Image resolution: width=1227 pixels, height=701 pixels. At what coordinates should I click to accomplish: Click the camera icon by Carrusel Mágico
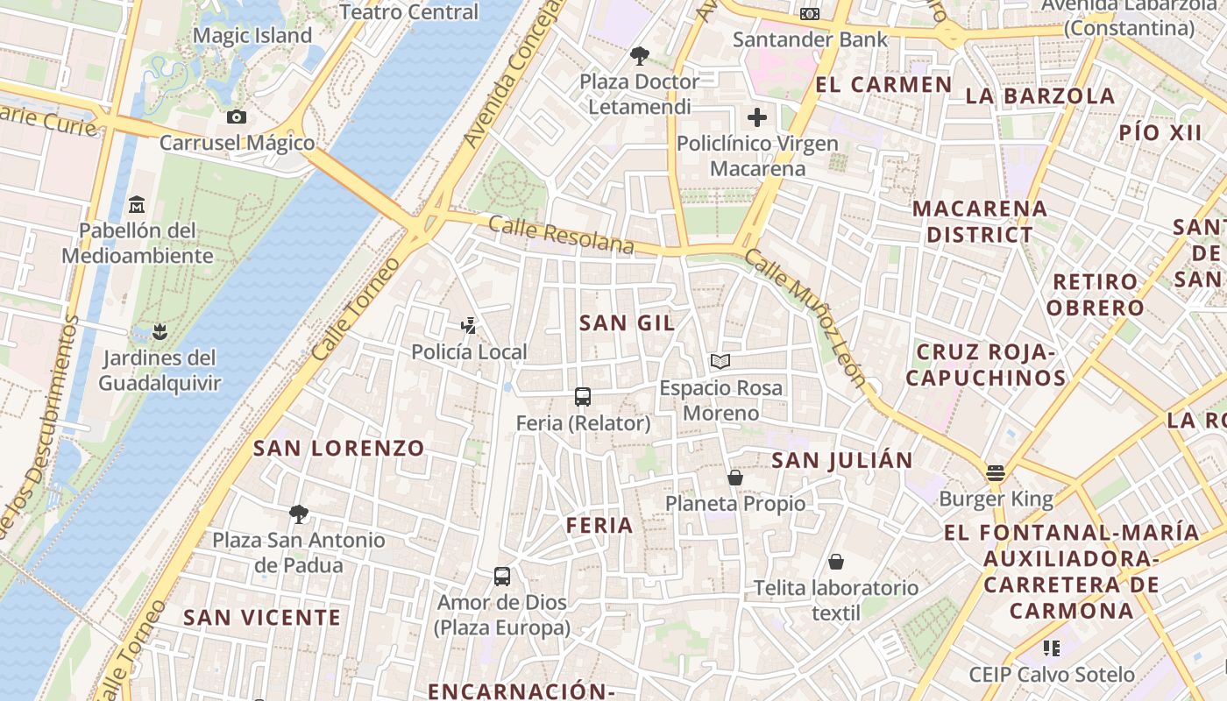point(236,117)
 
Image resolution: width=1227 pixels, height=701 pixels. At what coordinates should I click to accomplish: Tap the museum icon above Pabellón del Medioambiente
point(137,205)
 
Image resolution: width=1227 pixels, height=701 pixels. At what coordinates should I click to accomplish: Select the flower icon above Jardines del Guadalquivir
point(159,332)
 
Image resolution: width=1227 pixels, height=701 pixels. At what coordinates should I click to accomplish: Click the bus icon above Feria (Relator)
point(583,397)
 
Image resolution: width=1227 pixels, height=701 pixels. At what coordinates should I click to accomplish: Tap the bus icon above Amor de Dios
point(502,577)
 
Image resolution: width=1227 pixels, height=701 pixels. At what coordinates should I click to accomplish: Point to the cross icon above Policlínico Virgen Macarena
point(757,117)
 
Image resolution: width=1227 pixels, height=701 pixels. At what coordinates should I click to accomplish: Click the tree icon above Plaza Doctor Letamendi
point(640,56)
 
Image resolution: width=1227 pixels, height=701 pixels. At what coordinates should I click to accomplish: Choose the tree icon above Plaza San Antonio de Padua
point(299,513)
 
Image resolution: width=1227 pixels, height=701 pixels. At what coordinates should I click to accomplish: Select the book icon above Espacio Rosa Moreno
point(720,361)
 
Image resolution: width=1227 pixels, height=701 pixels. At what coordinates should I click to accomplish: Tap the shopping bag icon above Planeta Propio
point(735,478)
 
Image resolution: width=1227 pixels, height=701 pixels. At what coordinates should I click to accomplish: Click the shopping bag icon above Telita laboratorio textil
point(836,562)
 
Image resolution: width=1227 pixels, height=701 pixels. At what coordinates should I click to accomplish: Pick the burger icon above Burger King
point(995,473)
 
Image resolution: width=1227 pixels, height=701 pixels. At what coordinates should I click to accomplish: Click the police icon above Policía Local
point(469,326)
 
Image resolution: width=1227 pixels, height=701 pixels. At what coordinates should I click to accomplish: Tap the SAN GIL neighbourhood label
point(627,322)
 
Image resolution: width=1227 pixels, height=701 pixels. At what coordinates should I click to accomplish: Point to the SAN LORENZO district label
point(339,448)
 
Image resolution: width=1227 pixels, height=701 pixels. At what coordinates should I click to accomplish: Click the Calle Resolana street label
point(561,235)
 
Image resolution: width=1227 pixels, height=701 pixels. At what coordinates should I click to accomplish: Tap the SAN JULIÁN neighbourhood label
point(842,459)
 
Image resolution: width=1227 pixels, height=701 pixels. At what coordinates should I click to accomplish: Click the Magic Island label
point(252,36)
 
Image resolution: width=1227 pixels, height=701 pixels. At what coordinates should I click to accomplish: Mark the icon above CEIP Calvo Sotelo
point(1051,648)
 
